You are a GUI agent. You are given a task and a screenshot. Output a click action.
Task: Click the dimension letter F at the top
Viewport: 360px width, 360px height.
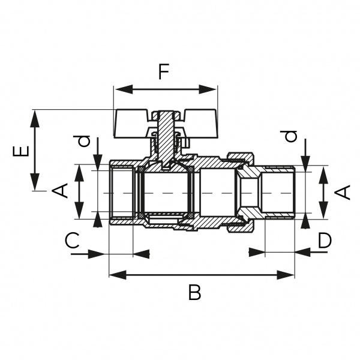(164, 71)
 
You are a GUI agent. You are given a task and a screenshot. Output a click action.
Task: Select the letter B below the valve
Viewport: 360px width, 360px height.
(194, 293)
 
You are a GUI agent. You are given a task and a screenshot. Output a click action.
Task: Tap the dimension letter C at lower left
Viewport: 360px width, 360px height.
(71, 242)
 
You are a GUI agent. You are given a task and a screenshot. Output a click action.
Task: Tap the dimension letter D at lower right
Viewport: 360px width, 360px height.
(325, 241)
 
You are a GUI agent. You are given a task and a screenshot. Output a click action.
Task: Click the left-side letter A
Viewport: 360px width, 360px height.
(59, 193)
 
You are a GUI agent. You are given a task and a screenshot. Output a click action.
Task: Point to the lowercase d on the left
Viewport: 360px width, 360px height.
(85, 142)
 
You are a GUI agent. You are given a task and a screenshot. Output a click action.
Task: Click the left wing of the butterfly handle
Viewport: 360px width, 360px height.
(133, 121)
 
